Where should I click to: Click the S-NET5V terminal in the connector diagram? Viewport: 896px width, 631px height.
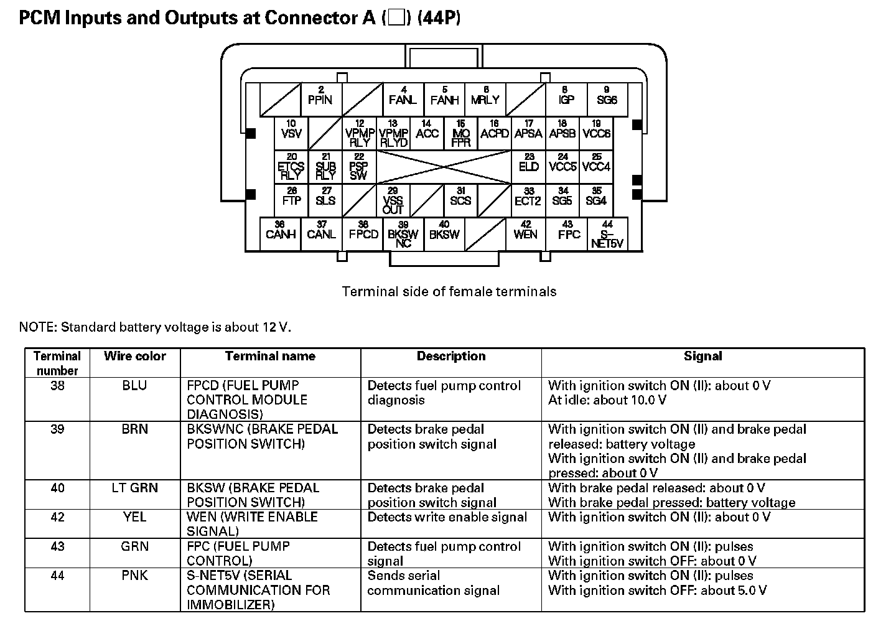(607, 235)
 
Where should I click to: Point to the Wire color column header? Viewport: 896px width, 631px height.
(135, 357)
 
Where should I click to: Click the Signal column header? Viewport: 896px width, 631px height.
(702, 357)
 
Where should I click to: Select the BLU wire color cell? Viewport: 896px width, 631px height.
(135, 386)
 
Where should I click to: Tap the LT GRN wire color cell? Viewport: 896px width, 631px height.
(135, 488)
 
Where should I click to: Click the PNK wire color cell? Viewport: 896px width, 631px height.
(135, 576)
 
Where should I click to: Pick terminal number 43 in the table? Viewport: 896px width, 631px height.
(57, 546)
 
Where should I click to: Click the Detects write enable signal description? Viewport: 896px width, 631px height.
(447, 517)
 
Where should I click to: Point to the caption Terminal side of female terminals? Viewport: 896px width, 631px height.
(449, 291)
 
